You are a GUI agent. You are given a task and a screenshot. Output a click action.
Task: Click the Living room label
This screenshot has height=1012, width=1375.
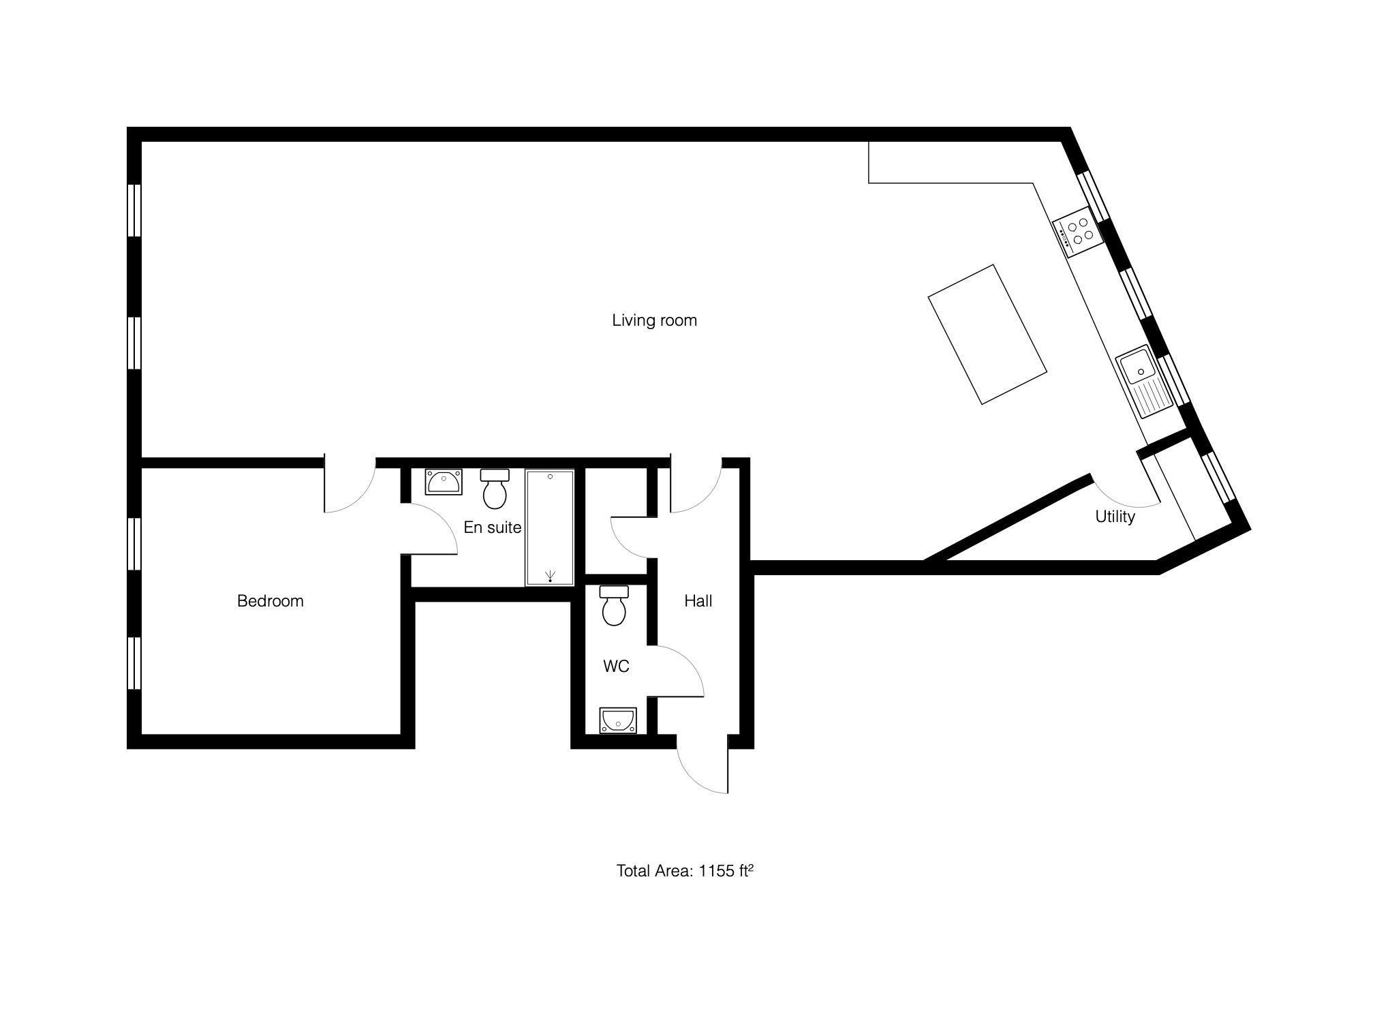(x=654, y=320)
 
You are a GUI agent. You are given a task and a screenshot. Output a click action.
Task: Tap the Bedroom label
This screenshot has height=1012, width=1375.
(x=270, y=600)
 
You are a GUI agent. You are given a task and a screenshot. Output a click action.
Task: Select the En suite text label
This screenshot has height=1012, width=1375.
(x=492, y=527)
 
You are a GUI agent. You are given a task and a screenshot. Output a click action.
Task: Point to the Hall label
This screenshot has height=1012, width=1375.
(x=698, y=600)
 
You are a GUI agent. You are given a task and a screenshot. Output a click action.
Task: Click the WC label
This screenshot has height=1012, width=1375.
(x=616, y=666)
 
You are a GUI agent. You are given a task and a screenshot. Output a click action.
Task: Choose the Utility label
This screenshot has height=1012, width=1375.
(x=1115, y=517)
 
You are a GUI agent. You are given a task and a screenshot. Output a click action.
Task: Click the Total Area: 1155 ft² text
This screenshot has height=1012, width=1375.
(x=684, y=870)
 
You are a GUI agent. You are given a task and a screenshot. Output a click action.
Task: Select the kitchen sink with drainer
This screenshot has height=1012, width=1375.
(x=1145, y=382)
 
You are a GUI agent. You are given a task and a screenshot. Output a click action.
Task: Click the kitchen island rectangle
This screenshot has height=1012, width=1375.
(x=988, y=334)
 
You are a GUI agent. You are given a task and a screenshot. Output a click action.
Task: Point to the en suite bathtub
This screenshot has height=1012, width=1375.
(x=549, y=527)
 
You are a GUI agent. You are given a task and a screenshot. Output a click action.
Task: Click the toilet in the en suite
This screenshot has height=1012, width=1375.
(x=495, y=488)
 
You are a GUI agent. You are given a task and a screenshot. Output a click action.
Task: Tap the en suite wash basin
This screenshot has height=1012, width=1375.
(x=444, y=482)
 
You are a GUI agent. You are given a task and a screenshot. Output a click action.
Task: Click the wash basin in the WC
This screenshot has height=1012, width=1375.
(x=618, y=720)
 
